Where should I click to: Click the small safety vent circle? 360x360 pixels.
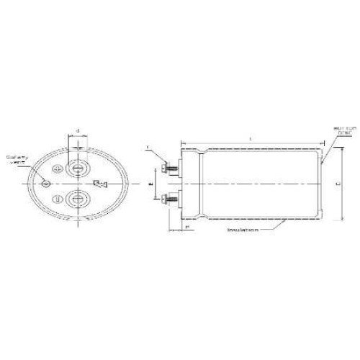tap(46, 183)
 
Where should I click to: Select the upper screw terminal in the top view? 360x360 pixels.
tap(77, 166)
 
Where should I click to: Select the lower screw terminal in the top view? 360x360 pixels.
tap(77, 199)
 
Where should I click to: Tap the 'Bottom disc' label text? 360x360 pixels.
tap(341, 132)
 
